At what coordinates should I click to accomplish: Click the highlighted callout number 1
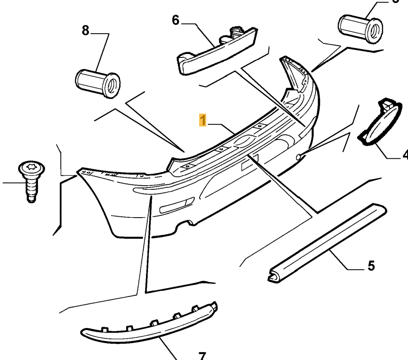point(203,120)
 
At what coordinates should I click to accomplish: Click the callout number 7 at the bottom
point(201,355)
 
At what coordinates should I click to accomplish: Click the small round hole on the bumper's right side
point(300,156)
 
